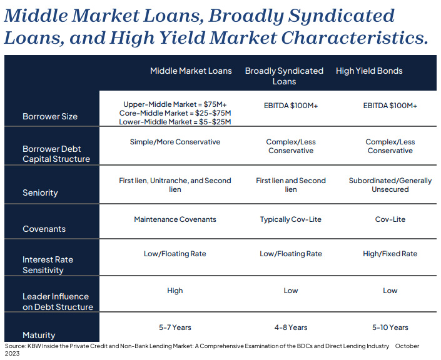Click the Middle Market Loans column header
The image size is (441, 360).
click(x=191, y=71)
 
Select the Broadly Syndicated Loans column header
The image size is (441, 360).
click(x=284, y=76)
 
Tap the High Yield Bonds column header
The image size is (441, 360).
click(x=369, y=71)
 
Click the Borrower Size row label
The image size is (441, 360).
click(x=50, y=116)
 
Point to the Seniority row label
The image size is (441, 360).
click(x=40, y=192)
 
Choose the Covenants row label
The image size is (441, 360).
click(x=44, y=229)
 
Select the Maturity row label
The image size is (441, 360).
click(x=39, y=335)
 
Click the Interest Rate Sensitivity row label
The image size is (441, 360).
click(x=48, y=265)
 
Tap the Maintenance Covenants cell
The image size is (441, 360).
click(x=175, y=219)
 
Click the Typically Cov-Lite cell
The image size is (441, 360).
click(x=290, y=219)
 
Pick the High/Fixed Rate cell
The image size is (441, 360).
click(x=390, y=254)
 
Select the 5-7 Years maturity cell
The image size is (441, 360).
click(x=175, y=327)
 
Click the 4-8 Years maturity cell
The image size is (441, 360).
click(x=291, y=327)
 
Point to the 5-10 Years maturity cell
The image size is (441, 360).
click(x=390, y=327)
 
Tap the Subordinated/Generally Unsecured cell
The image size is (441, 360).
click(x=390, y=185)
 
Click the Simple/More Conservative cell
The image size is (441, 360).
click(x=175, y=142)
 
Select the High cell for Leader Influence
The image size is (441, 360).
click(x=175, y=291)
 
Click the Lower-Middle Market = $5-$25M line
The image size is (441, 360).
click(x=175, y=122)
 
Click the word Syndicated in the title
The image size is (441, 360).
click(x=342, y=16)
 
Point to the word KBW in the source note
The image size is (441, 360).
click(x=33, y=346)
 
